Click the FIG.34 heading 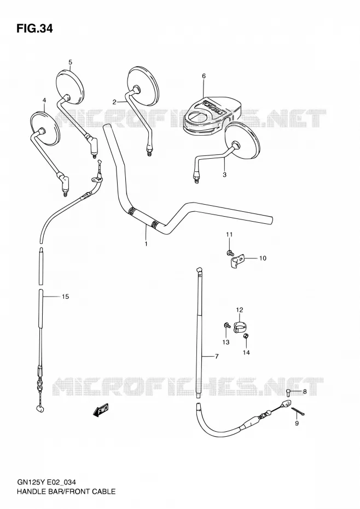pyautogui.click(x=34, y=28)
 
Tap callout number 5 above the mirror pyautogui.click(x=70, y=62)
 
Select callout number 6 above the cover pyautogui.click(x=204, y=76)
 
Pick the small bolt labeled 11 pyautogui.click(x=230, y=252)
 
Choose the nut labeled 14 pyautogui.click(x=246, y=337)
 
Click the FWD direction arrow pyautogui.click(x=101, y=410)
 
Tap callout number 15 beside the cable pyautogui.click(x=66, y=297)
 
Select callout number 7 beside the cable pyautogui.click(x=217, y=356)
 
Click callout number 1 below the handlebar pyautogui.click(x=146, y=244)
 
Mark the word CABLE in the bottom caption pyautogui.click(x=103, y=491)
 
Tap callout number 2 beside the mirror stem pyautogui.click(x=114, y=102)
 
